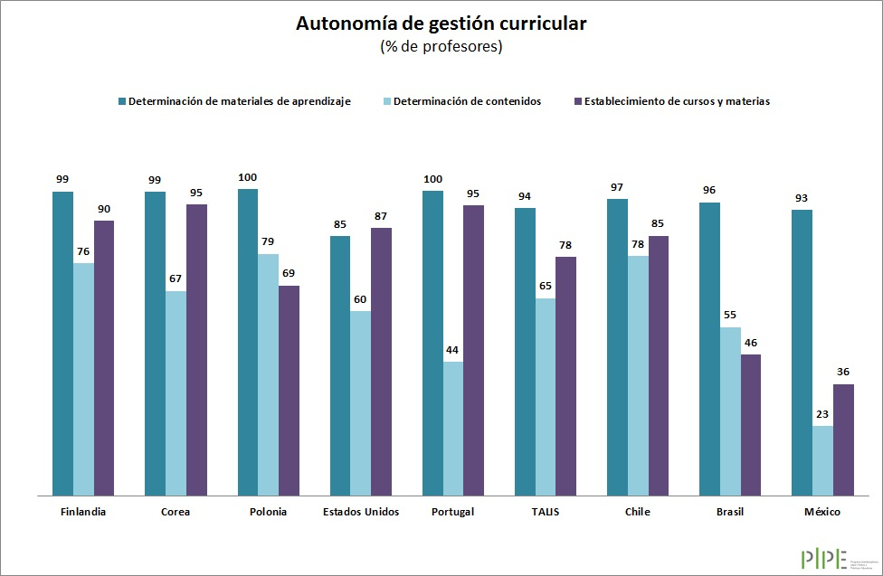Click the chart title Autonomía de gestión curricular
[x=441, y=24]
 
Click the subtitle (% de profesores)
[x=441, y=47]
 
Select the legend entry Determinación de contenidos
[x=468, y=101]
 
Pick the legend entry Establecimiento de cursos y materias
[x=677, y=101]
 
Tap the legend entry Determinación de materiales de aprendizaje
[x=239, y=101]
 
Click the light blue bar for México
[x=822, y=460]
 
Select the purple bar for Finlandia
[x=104, y=358]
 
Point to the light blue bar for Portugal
[x=452, y=429]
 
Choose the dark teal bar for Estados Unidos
[x=339, y=365]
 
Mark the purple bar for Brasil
[x=750, y=425]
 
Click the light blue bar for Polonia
[x=268, y=374]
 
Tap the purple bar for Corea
[x=196, y=350]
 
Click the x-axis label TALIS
[x=546, y=512]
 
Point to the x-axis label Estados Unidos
[x=360, y=512]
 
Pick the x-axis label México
[x=822, y=512]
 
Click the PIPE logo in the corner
[x=823, y=558]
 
